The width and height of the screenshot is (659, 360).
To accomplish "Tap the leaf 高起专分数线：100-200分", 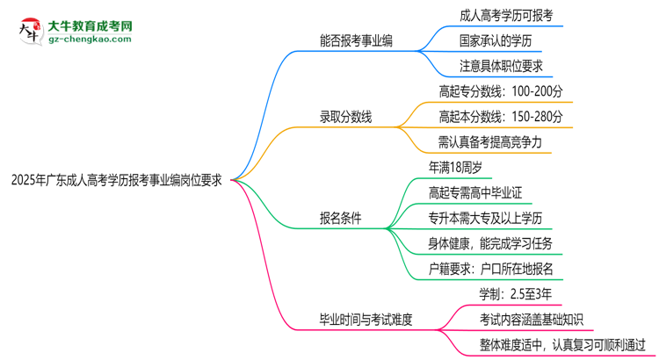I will [x=501, y=90].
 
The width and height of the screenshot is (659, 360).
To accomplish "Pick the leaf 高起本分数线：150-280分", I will [x=501, y=116].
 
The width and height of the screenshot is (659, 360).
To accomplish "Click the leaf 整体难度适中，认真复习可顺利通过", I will [x=562, y=344].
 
